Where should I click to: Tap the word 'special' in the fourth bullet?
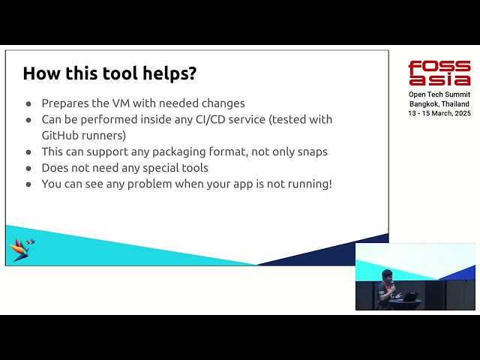(x=154, y=167)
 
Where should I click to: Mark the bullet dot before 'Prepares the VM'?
(x=28, y=103)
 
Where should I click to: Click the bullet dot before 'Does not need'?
(x=28, y=168)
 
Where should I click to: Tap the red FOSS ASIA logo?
(x=439, y=73)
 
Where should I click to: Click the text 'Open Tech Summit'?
(x=439, y=94)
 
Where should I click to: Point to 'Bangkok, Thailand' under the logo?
(x=439, y=103)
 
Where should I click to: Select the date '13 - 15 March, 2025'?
(x=439, y=112)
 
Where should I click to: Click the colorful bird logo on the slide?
(x=21, y=249)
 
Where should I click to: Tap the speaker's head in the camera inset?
(x=387, y=274)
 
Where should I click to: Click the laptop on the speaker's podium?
(x=409, y=295)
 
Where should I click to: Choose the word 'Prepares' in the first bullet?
(x=65, y=103)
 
